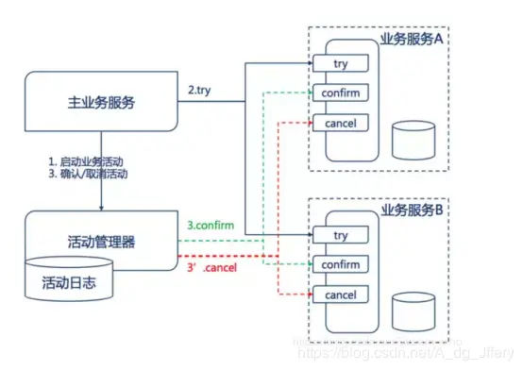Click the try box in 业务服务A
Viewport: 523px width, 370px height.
click(344, 63)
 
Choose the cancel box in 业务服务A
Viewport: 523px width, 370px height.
click(344, 123)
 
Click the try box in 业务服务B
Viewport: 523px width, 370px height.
click(344, 235)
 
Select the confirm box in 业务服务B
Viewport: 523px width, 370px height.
click(344, 265)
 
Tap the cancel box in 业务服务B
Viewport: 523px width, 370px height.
click(344, 295)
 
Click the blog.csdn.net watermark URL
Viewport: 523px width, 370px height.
click(415, 351)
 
